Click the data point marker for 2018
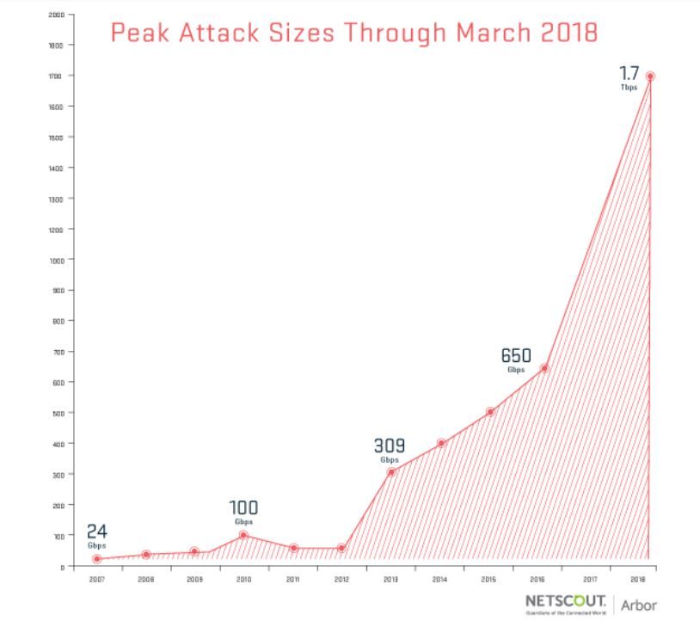650,77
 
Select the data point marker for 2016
544,369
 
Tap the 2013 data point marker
391,471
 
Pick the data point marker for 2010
243,535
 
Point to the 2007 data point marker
96,559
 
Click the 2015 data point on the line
490,412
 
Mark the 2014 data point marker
441,444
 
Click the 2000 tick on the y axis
57,15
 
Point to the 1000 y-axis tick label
57,260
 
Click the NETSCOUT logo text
565,600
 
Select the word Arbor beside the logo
639,605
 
